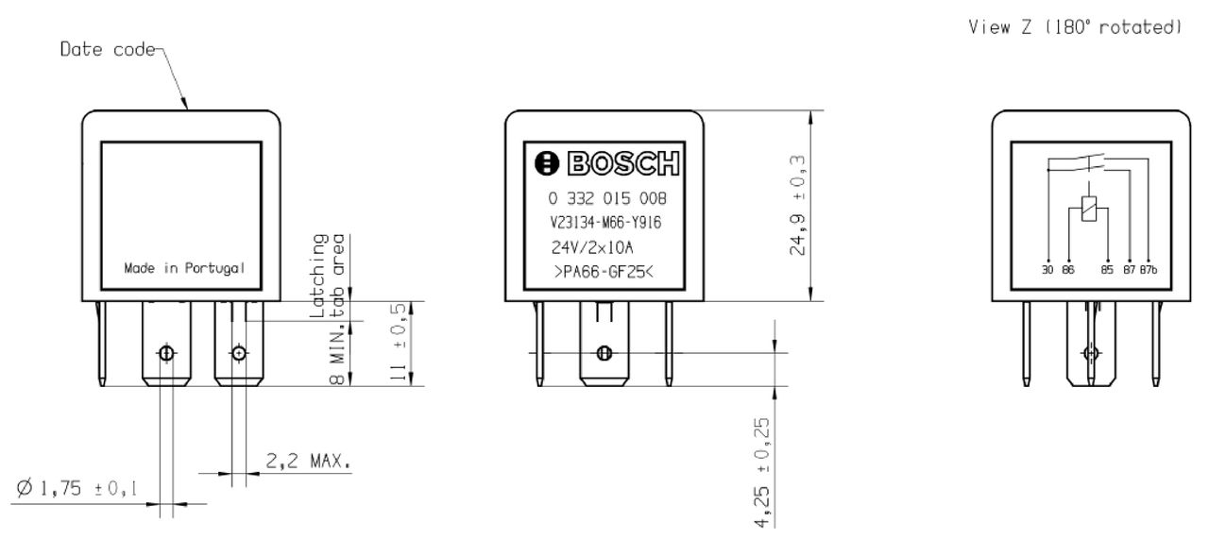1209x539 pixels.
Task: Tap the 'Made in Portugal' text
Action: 185,268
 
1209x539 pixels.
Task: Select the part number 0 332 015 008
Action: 606,199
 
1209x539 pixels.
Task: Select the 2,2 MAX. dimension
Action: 307,463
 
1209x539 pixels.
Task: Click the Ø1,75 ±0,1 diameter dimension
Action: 77,488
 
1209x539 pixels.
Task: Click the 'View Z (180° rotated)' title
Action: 1075,28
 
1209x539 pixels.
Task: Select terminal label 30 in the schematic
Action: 1047,270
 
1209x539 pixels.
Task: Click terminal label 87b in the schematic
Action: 1148,270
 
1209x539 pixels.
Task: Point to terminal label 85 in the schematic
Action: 1107,270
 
